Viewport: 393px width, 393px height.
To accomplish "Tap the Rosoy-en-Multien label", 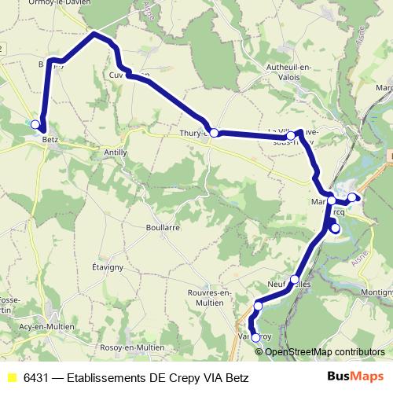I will click(x=133, y=347).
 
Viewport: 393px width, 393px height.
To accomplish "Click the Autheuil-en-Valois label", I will click(x=294, y=72).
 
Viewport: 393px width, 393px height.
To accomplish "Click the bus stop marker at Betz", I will click(x=35, y=124).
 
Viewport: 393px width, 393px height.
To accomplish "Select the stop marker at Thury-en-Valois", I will click(x=214, y=132).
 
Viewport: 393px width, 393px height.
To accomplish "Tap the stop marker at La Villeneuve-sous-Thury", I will click(x=291, y=137).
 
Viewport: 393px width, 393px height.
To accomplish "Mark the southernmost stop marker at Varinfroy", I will click(x=255, y=338).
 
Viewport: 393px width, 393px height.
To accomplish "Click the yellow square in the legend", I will click(x=11, y=377).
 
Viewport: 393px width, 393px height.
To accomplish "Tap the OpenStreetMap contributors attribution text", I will click(x=325, y=351).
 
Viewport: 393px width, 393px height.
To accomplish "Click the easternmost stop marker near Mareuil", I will click(x=353, y=197).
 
